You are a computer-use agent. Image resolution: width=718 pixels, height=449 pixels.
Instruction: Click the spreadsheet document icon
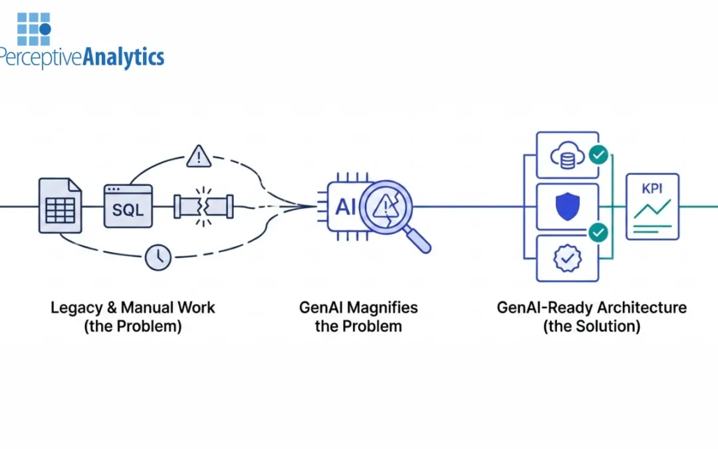pos(60,206)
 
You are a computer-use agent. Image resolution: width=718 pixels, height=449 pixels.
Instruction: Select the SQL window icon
pos(128,206)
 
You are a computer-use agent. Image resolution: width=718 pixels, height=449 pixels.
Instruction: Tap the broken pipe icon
pos(203,206)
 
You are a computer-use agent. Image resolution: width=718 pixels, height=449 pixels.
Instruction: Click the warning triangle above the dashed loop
pos(198,157)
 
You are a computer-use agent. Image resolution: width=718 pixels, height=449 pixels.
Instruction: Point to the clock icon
pos(158,258)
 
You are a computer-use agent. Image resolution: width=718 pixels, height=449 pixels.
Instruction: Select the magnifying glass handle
pos(418,241)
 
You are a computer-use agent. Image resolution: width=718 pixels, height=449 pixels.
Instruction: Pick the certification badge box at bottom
pos(567,257)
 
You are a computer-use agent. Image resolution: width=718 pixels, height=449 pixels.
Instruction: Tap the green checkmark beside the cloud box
pos(598,156)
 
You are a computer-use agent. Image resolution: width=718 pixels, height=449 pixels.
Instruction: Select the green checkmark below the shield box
pos(598,232)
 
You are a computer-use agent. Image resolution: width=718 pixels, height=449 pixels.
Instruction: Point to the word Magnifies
pos(386,308)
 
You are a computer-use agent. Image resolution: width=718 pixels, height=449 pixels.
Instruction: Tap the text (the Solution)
pos(591,327)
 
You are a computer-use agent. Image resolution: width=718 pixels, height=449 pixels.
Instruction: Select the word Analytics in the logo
pos(123,57)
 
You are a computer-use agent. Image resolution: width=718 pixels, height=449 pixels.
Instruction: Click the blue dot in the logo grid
pos(45,29)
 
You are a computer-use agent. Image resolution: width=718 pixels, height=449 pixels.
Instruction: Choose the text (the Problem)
pos(133,327)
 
